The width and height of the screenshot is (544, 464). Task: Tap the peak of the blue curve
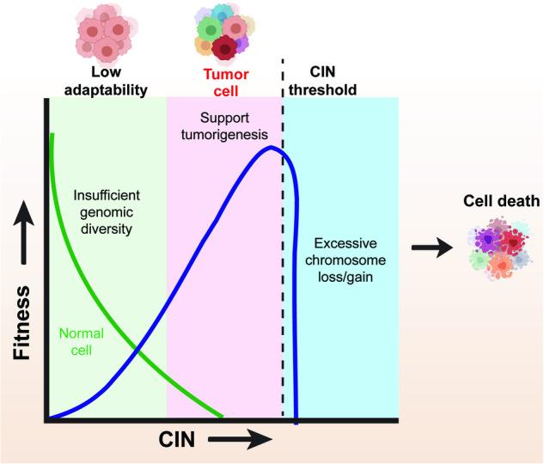tap(272, 147)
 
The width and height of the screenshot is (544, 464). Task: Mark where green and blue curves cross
tap(138, 350)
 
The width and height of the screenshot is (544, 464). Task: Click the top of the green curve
tap(52, 134)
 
